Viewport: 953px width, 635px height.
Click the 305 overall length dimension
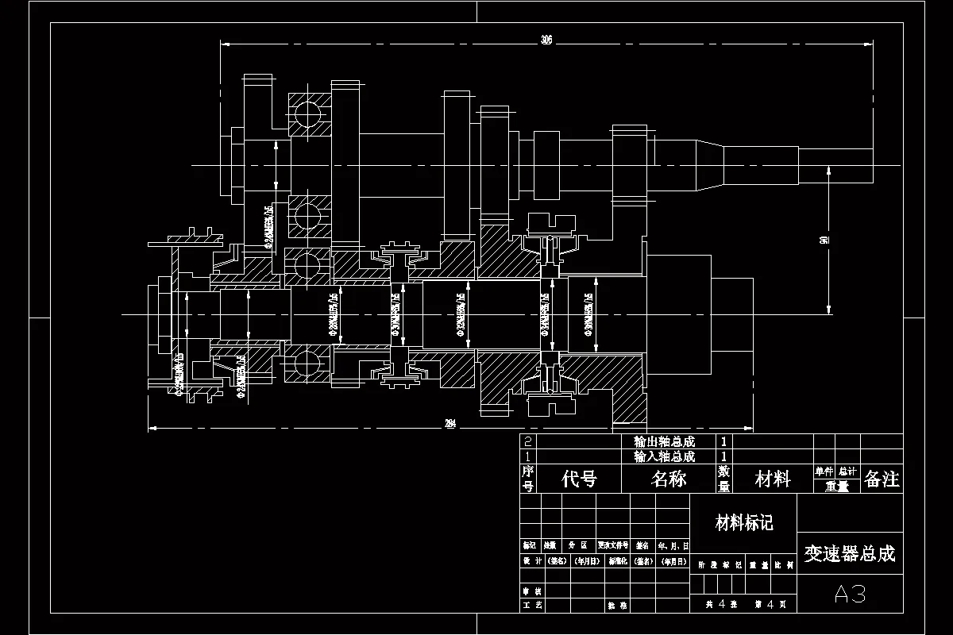[546, 40]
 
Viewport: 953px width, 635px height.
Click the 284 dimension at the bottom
[449, 424]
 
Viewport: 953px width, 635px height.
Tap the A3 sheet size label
[849, 594]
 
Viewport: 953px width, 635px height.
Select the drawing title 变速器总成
[849, 553]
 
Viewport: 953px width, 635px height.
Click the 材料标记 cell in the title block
[744, 522]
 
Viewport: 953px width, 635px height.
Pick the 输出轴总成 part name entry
[664, 442]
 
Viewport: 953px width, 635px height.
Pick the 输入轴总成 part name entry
[664, 456]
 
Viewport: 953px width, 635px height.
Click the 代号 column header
[579, 479]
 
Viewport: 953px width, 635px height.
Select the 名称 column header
[669, 479]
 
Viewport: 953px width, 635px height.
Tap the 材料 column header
[772, 479]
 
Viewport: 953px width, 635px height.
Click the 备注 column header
[882, 479]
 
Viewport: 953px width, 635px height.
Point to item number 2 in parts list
[528, 442]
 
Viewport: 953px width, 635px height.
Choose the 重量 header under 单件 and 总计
[836, 487]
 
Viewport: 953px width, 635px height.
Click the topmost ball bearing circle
[309, 116]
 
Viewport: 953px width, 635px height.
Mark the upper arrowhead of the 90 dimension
[828, 170]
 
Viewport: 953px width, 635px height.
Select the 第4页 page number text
[771, 604]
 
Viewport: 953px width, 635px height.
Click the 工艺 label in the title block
[532, 605]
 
